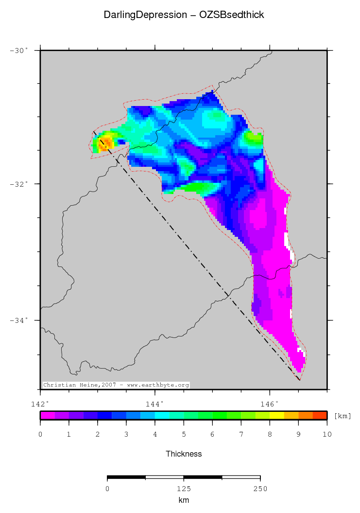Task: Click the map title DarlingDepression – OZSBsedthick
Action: click(184, 15)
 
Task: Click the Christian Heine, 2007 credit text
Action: click(116, 385)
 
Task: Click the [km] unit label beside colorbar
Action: click(343, 416)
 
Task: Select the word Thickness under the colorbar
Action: click(184, 454)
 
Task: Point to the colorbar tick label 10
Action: click(327, 434)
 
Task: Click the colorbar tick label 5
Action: click(184, 434)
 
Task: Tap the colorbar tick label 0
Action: click(40, 434)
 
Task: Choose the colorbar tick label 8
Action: click(270, 434)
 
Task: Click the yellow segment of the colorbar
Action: click(277, 415)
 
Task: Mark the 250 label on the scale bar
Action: click(260, 489)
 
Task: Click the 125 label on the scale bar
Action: click(184, 489)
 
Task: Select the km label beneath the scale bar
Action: click(184, 500)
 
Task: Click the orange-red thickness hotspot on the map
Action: click(104, 143)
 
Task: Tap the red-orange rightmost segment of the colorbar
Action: click(320, 415)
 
